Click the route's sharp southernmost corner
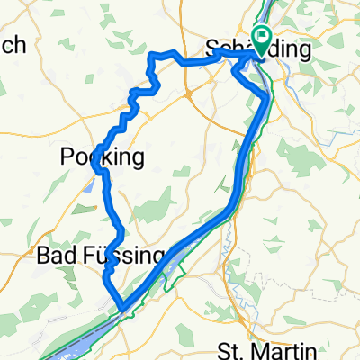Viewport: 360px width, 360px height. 121,308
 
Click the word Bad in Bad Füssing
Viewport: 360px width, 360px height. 52,256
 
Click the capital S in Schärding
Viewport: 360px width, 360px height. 213,48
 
